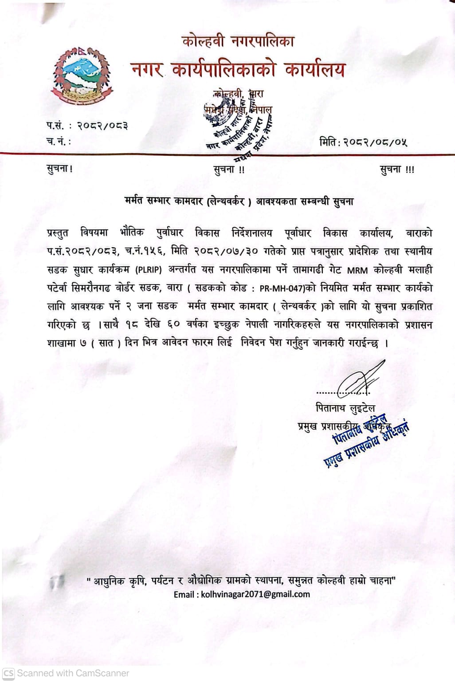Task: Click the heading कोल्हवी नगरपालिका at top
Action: pos(238,42)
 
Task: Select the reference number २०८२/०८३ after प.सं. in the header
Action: pos(102,126)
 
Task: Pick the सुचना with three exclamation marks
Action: pos(397,170)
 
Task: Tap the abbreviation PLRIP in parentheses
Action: pos(149,270)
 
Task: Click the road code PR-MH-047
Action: pos(282,288)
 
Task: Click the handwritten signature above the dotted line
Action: pos(359,379)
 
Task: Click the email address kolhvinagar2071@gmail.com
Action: pos(255,594)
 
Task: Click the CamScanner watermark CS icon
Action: pos(8,673)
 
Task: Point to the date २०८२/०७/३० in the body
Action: pos(226,252)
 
